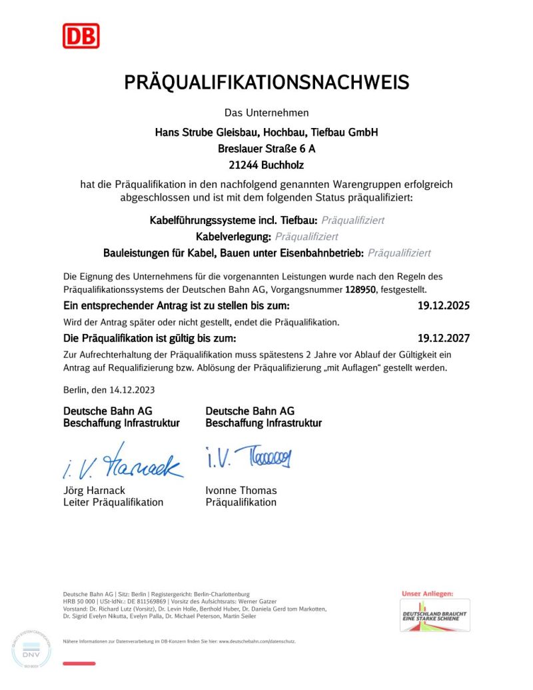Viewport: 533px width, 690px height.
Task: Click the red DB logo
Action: coord(81,36)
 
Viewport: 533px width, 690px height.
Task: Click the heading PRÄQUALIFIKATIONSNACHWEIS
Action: coord(266,83)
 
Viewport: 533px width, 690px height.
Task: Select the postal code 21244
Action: coord(243,165)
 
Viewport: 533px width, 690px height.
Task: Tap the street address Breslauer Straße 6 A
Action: coord(266,149)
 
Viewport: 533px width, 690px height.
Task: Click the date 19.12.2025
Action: coord(443,307)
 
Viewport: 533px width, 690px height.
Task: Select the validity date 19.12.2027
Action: coord(443,339)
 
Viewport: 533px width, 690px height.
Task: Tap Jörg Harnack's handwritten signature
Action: coord(123,463)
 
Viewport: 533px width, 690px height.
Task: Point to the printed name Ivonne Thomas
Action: coord(241,491)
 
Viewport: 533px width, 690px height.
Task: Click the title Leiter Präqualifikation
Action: coord(113,503)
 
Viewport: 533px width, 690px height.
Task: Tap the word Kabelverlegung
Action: coord(233,237)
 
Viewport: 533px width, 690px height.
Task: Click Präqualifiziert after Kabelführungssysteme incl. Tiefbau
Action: coord(352,220)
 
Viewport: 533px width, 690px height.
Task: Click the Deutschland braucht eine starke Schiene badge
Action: coord(434,614)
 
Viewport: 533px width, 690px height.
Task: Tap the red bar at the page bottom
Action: coord(79,663)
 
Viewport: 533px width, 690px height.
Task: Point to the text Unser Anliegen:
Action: coord(427,593)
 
